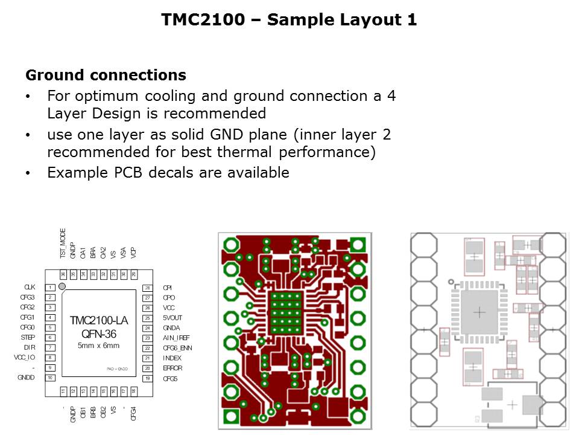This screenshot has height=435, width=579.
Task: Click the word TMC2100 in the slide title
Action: tap(202, 20)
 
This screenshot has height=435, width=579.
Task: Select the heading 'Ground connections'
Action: tap(106, 76)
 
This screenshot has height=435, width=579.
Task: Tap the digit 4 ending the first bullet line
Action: tap(391, 96)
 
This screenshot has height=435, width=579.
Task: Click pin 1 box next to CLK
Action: tap(52, 288)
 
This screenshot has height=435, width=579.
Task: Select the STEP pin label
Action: tap(28, 337)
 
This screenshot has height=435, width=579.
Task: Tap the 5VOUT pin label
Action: tap(172, 318)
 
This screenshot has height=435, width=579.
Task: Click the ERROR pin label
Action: tap(172, 368)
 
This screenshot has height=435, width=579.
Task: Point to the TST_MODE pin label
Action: tap(63, 247)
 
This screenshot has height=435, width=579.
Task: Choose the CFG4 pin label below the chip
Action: tap(133, 413)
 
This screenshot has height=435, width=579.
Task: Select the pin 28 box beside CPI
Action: tap(147, 288)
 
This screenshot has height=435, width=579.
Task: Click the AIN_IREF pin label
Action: tap(176, 338)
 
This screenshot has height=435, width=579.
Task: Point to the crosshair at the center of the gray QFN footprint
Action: tap(479, 312)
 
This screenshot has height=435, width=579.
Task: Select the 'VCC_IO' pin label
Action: tap(25, 357)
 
